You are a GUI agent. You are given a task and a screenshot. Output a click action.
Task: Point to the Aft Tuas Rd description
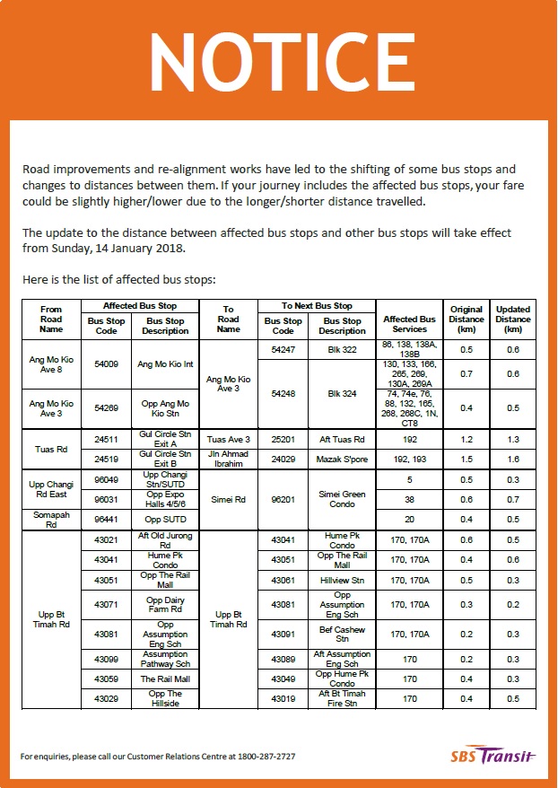tap(342, 440)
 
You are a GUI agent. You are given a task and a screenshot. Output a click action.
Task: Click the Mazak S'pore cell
tap(342, 458)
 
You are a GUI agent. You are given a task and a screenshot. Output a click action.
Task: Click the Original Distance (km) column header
tap(466, 319)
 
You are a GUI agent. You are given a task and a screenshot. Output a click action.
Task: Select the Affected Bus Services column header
tap(409, 324)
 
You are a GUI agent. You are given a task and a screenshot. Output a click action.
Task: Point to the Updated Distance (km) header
tap(513, 319)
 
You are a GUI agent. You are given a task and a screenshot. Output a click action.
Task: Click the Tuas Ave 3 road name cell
tap(228, 440)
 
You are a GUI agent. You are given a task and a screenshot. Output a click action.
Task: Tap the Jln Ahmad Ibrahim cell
tap(228, 458)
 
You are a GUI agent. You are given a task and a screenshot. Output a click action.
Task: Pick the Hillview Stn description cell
tap(342, 580)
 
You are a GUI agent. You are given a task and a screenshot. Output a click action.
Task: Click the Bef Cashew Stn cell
tap(342, 635)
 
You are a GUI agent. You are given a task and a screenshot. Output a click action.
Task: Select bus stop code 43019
tap(283, 698)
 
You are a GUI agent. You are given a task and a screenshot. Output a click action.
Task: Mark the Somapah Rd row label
tap(51, 519)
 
